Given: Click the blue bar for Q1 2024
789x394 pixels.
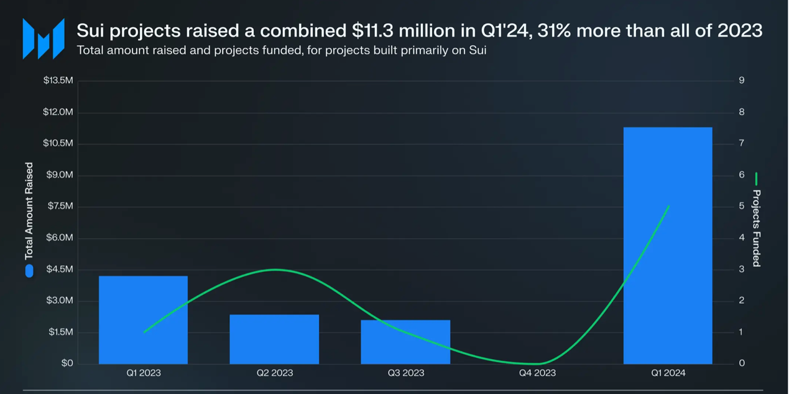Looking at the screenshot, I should (667, 245).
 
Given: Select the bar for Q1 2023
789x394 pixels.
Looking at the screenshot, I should (143, 319).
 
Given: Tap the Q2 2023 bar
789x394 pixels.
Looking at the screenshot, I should (274, 339).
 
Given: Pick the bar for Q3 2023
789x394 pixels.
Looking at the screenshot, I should (405, 342).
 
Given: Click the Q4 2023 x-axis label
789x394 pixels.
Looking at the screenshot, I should (537, 373).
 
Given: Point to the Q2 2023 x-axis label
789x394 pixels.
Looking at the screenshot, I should (274, 373).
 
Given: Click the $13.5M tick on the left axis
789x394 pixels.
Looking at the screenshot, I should (58, 80).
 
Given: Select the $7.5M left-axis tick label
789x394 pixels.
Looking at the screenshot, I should (60, 206).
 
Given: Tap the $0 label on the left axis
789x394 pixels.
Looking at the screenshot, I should (67, 364).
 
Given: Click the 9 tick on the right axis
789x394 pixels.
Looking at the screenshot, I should (742, 80).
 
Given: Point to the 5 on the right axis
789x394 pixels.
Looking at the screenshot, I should (742, 206).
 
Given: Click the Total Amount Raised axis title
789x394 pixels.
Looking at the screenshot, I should (29, 211).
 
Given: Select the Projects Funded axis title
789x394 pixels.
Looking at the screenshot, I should (757, 228).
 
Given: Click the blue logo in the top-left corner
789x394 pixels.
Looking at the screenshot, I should (44, 39).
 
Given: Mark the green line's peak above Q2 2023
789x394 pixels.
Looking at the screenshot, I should (274, 270).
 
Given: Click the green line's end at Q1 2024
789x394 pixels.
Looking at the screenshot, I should (668, 206).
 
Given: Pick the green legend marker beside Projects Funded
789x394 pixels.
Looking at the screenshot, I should (757, 179).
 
